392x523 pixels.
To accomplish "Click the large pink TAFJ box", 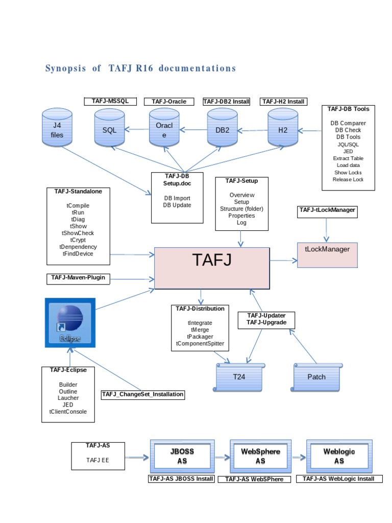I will [x=212, y=268].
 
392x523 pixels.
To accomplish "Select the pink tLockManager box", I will [x=327, y=253].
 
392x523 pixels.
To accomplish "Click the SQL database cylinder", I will [x=110, y=130].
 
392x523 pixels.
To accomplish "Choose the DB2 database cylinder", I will [x=223, y=130].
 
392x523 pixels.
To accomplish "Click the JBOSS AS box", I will [x=182, y=456].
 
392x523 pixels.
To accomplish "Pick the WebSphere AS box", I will [x=260, y=456].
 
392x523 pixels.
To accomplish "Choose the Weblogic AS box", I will [x=339, y=456].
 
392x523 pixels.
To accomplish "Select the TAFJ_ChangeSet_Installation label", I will [x=142, y=394].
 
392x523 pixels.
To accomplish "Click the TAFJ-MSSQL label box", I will [x=110, y=101].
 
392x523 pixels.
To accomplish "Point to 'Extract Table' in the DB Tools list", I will [x=348, y=158].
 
